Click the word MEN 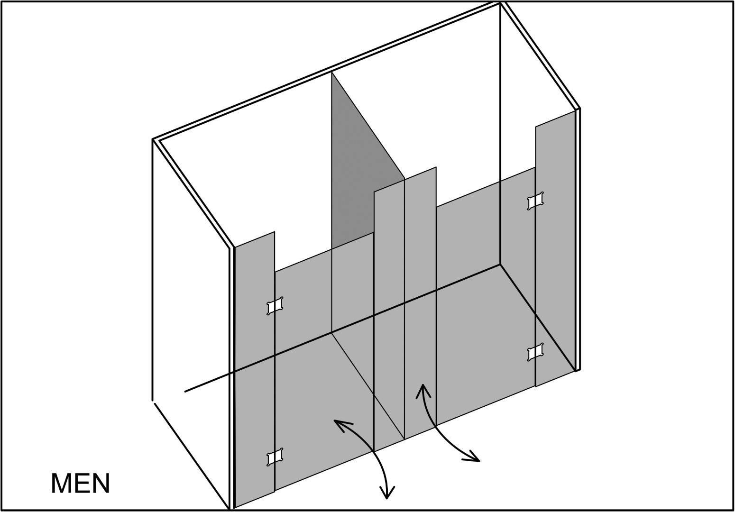(81, 483)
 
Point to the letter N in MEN (101, 483)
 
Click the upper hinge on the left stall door (275, 306)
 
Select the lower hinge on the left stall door (275, 457)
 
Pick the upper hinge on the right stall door (535, 201)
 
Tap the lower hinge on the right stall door (535, 352)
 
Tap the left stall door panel (324, 361)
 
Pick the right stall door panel (486, 295)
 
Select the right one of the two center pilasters (420, 302)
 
